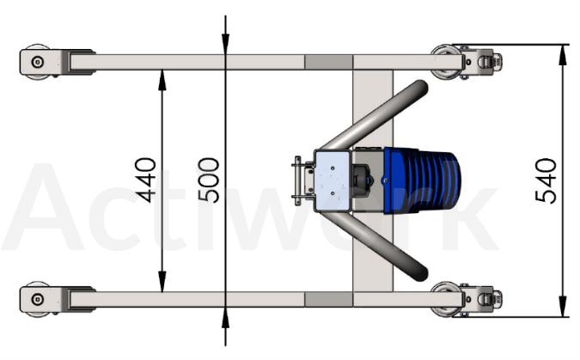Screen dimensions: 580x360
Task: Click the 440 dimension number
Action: (x=145, y=180)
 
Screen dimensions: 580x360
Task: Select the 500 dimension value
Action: (x=209, y=180)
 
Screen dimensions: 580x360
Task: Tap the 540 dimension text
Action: (x=546, y=181)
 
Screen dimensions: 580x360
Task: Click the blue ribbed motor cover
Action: (x=422, y=180)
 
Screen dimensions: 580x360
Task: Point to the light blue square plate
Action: (x=333, y=180)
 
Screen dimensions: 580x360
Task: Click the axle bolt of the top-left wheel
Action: (x=37, y=62)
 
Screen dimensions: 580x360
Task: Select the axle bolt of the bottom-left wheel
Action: (x=37, y=299)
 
